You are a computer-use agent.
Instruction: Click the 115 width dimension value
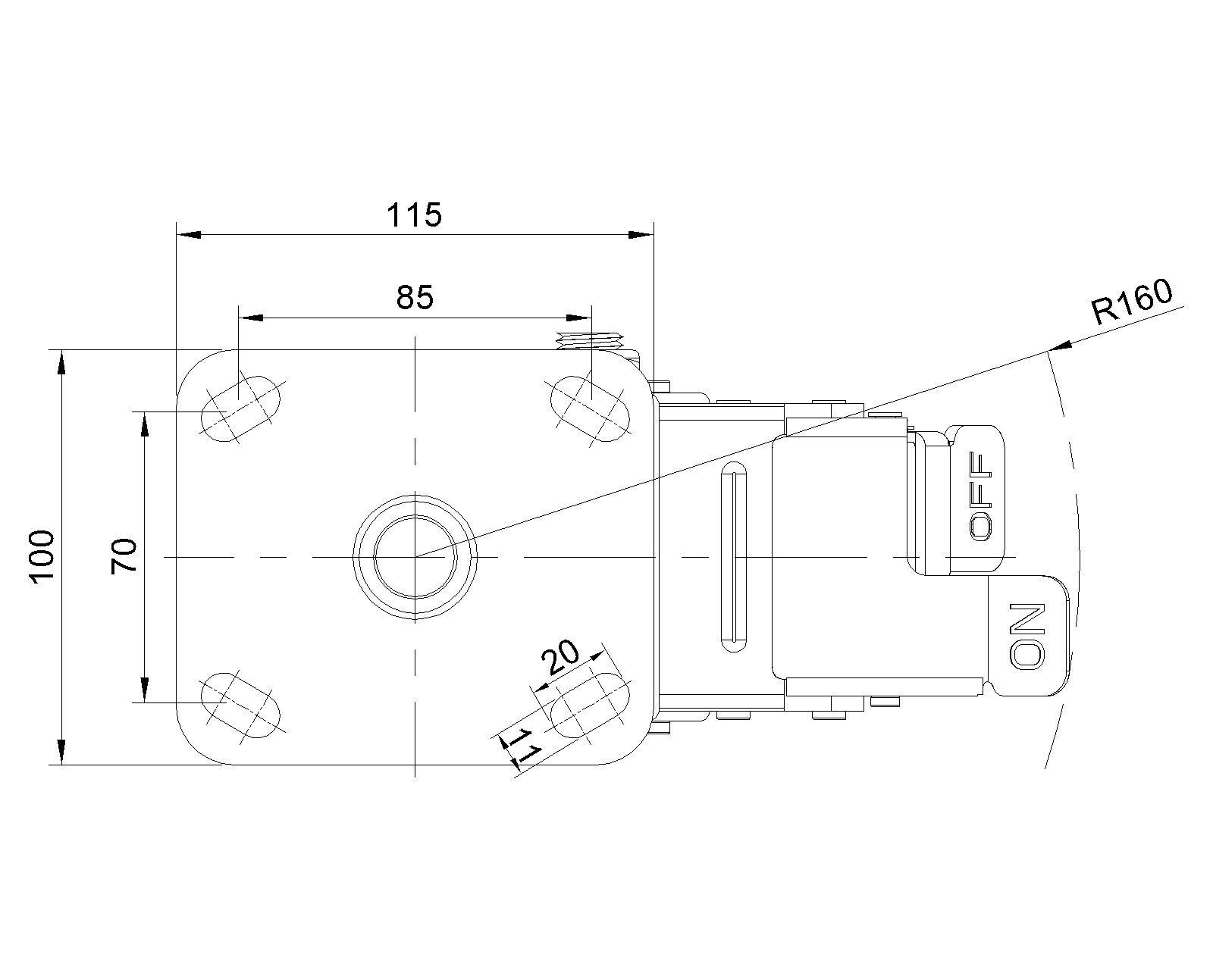[x=414, y=214]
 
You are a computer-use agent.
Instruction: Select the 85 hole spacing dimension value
[x=415, y=297]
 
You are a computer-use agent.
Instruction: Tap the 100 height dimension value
[x=43, y=557]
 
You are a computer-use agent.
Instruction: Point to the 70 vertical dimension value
[x=124, y=556]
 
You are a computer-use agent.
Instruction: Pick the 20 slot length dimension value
[x=560, y=657]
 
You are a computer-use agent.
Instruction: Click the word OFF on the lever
[x=981, y=496]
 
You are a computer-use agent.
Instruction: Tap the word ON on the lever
[x=1027, y=637]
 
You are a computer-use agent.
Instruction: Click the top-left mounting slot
[x=240, y=409]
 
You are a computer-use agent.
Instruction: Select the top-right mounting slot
[x=590, y=409]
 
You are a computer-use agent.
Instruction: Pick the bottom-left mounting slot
[x=240, y=705]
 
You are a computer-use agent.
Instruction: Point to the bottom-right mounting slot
[x=590, y=705]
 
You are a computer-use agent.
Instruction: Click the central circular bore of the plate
[x=415, y=557]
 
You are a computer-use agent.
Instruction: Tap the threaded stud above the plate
[x=590, y=341]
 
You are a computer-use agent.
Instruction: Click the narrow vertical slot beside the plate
[x=734, y=557]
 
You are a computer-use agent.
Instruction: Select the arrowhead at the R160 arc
[x=1060, y=346]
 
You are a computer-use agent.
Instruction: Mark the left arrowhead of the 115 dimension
[x=189, y=234]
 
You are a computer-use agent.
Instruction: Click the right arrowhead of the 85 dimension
[x=579, y=318]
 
